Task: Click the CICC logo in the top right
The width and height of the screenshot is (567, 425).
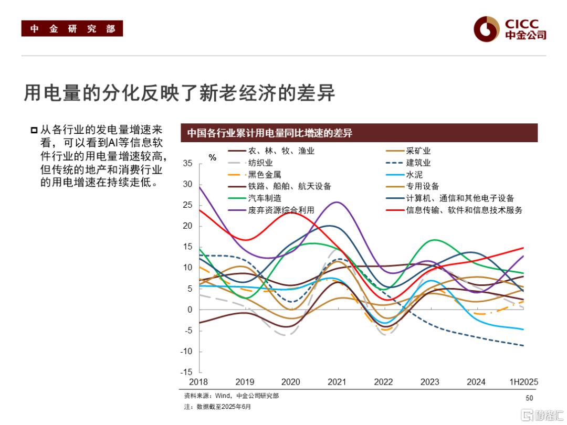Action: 509,29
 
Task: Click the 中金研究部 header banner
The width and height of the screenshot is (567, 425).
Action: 72,29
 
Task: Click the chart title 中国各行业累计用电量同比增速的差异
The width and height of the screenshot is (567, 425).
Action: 270,133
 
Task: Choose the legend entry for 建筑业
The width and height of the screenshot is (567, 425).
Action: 418,163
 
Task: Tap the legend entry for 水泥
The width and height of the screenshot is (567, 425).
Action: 414,175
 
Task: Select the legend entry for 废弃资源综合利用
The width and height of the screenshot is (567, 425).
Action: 281,210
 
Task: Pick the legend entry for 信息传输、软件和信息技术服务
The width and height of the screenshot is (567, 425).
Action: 464,210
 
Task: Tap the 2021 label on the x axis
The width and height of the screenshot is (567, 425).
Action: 337,382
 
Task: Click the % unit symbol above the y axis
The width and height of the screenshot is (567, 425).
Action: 212,157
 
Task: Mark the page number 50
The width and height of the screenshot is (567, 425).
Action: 529,398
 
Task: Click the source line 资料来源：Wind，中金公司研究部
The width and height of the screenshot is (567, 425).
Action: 232,396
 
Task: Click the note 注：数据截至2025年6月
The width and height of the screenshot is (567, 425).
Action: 217,407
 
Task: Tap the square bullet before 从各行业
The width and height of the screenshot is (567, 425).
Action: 34,130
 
